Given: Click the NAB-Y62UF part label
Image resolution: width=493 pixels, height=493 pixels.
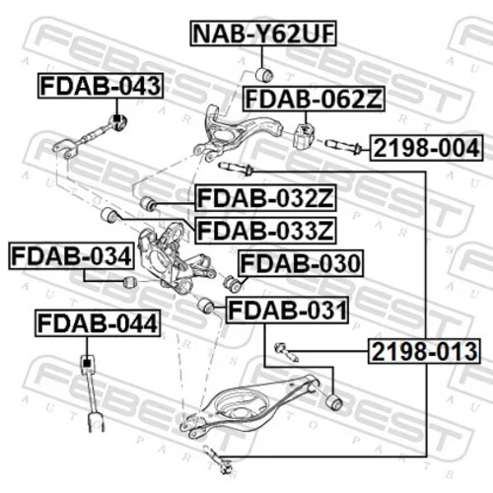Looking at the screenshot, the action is tap(263, 34).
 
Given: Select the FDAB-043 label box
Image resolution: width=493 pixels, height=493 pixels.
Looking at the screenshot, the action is tap(101, 86).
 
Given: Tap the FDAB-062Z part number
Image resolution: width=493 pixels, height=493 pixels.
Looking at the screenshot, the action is tap(314, 99).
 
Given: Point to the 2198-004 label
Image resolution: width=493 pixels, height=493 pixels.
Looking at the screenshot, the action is tap(427, 148).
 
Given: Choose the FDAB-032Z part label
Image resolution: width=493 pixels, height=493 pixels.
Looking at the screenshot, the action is tap(265, 198).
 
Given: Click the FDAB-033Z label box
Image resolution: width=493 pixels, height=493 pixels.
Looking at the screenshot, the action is tap(265, 231).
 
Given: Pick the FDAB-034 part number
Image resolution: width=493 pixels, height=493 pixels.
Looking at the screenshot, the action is tap(71, 256).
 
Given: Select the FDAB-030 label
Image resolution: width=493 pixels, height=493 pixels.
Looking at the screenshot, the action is tap(301, 263).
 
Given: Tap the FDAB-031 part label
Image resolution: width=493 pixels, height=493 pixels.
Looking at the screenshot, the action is tap(287, 311).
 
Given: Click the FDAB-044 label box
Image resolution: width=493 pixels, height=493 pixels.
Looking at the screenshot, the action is tap(98, 323).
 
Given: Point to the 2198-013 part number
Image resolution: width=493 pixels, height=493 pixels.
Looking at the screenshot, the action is tap(424, 351).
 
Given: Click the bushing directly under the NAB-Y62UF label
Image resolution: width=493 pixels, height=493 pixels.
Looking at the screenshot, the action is tap(264, 75).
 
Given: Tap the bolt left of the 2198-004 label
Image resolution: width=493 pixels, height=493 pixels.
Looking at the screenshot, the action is tap(344, 147).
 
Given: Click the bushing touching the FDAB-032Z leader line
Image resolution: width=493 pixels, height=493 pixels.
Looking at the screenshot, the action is tap(148, 203).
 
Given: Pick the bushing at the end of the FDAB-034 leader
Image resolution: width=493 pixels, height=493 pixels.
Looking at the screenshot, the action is tap(130, 282).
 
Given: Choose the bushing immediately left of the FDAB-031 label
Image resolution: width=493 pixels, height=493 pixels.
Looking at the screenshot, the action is tap(206, 306).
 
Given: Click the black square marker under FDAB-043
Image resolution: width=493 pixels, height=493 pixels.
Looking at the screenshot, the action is tap(116, 118).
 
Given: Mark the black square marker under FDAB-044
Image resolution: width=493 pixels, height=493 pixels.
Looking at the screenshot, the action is tap(87, 363).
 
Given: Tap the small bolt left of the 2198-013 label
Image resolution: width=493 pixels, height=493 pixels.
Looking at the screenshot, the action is tap(286, 352).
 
